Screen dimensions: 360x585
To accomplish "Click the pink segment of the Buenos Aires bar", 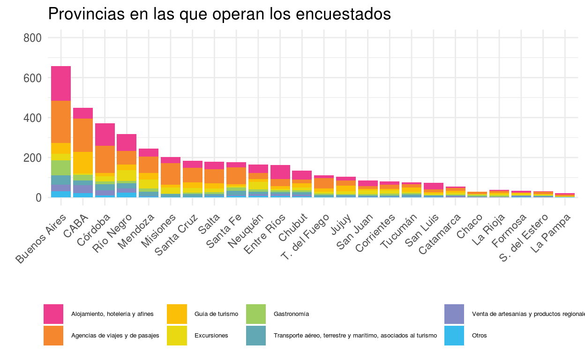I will coord(61,83).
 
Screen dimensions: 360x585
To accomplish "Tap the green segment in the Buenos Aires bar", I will coord(61,167).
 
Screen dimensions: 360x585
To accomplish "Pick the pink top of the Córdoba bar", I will coord(105,135).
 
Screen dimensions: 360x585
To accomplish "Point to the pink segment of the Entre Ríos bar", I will coord(280,172).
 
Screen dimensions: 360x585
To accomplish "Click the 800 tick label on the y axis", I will coord(32,38).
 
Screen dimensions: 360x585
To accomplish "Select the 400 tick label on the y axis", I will coord(32,118).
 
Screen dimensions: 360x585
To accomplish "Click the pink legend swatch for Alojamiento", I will coord(53,314).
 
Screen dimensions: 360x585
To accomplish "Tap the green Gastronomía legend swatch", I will coord(256,314).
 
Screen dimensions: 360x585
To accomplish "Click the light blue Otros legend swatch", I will coord(454,336).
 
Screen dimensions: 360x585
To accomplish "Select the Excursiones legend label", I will coord(211,336).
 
